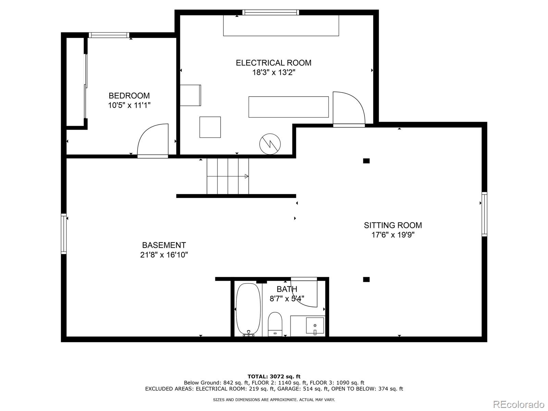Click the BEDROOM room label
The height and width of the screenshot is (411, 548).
point(129,96)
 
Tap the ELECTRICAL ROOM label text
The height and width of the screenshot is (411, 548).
point(274,63)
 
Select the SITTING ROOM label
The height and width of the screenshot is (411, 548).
point(393,225)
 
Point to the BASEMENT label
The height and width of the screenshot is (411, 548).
point(164,245)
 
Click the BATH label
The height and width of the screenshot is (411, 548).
point(287,289)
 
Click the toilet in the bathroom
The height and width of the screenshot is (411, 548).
point(275,324)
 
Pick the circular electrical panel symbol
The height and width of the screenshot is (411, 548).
point(270,144)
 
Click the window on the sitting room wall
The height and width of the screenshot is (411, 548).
point(484,214)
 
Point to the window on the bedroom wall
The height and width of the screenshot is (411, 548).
point(109,35)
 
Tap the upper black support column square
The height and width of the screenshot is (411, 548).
point(366,161)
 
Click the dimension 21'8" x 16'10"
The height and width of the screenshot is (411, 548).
point(164,255)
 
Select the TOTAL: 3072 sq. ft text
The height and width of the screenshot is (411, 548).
point(274,376)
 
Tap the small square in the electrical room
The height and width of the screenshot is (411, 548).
point(210,127)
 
